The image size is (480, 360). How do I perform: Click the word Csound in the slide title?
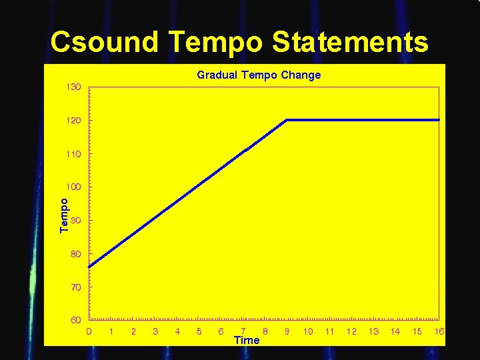coord(105,42)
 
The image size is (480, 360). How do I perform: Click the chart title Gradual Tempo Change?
coord(259,75)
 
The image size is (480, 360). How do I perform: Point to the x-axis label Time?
coord(247,340)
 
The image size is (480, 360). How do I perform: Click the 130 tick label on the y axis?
coord(73,87)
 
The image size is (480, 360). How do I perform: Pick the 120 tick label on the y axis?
coord(73,121)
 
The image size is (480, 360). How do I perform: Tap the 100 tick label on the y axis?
coord(73,187)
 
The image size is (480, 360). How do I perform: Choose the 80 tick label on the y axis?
coord(75,254)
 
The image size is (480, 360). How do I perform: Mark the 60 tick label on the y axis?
coord(75,320)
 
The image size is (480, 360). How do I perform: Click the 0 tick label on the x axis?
coord(89,331)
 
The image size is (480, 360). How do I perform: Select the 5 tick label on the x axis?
coord(199,331)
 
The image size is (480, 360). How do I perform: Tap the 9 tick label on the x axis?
coord(287,331)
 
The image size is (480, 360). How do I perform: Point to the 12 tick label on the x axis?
coord(351,331)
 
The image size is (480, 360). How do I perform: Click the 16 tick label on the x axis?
coord(439,331)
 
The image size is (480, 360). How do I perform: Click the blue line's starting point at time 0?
coord(89,266)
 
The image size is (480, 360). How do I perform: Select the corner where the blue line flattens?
coord(287,120)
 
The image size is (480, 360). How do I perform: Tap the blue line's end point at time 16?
coord(439,120)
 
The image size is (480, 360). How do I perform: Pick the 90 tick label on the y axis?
coord(75,220)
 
